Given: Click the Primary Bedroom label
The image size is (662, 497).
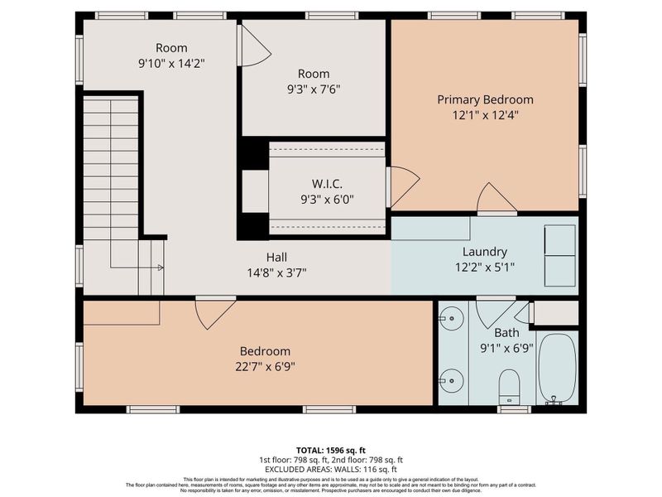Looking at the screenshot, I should [485, 99].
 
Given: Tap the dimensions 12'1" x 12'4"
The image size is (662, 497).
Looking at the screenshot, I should [485, 116].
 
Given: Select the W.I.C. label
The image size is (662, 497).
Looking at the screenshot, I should [328, 182].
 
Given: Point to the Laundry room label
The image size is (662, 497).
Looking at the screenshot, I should [485, 252].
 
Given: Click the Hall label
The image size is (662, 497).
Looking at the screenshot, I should [276, 257].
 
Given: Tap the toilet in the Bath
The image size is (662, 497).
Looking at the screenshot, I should [509, 385].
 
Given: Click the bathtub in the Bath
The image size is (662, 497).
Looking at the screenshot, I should [557, 367].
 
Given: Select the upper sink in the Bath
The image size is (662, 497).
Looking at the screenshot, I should [451, 316].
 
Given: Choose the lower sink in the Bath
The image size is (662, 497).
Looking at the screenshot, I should [451, 383].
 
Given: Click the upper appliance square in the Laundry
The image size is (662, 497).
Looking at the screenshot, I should [559, 239].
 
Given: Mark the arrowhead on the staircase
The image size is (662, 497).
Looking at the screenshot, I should [160, 268].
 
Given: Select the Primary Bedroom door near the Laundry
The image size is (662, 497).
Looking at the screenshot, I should [496, 199].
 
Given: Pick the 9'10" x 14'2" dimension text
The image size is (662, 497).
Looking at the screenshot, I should [171, 62].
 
